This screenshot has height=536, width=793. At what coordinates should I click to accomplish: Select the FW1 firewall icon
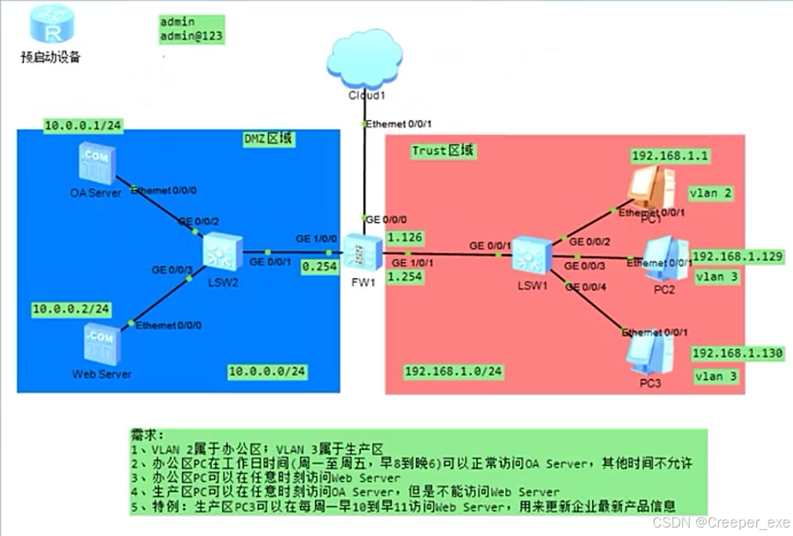(360, 253)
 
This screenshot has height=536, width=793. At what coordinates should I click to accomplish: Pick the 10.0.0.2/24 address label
(71, 309)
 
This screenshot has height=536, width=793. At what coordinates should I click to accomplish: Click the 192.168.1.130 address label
(737, 354)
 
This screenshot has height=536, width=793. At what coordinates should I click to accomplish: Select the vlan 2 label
(710, 194)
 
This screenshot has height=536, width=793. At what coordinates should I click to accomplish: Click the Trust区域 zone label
(443, 150)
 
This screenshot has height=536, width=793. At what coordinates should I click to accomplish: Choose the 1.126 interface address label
(406, 238)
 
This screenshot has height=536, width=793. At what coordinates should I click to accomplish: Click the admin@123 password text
(192, 35)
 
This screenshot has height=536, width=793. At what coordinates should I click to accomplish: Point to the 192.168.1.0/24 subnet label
(453, 371)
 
